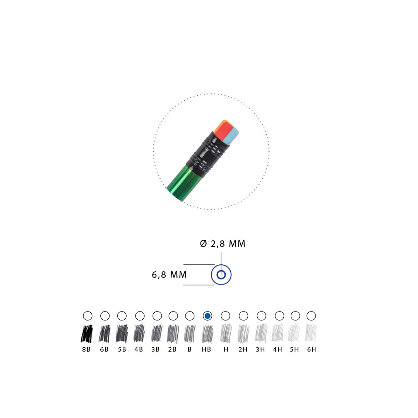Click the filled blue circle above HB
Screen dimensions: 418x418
click(207, 316)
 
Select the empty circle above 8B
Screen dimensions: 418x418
click(88, 316)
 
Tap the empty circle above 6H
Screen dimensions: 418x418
click(311, 316)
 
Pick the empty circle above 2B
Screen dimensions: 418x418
click(173, 316)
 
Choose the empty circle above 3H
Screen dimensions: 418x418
click(262, 316)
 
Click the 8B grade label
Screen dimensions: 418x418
click(86, 349)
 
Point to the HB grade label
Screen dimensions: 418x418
click(206, 349)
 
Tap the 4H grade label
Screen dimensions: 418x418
click(278, 349)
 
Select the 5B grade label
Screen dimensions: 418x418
click(122, 349)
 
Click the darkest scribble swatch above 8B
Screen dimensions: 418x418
click(87, 333)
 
